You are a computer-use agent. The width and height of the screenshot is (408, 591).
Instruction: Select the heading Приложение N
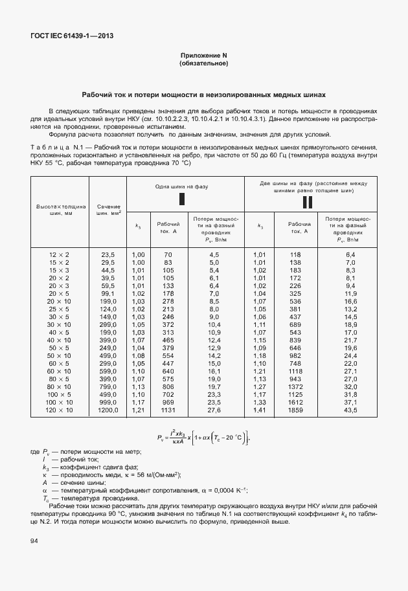203,56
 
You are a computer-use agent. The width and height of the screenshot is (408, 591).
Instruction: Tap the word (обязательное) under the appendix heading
203,64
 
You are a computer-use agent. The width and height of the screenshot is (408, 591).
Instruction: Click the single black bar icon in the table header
181,199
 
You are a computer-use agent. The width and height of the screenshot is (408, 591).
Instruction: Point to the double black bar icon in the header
308,203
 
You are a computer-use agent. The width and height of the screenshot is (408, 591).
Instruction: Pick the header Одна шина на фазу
181,186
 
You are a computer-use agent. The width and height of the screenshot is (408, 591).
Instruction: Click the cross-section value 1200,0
108,410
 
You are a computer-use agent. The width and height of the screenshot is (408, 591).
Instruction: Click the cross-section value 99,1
108,293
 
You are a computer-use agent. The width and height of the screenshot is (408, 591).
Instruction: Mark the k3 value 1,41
260,410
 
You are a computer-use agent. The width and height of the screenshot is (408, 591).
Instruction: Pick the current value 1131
168,410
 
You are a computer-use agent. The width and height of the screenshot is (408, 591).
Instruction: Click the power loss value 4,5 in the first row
214,255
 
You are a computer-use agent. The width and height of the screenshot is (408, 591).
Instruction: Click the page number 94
33,541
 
